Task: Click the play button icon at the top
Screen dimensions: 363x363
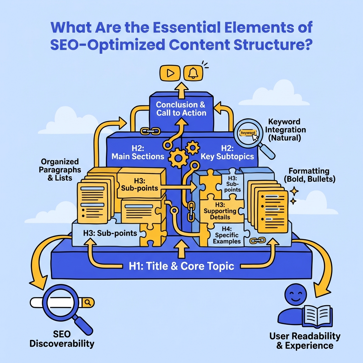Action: [x=170, y=73]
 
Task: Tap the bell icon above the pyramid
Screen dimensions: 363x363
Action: [x=193, y=73]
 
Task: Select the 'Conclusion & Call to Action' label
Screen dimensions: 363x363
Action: [x=181, y=108]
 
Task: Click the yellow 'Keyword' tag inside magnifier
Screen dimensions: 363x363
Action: [x=247, y=133]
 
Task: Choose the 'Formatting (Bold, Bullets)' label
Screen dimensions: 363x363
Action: [x=309, y=175]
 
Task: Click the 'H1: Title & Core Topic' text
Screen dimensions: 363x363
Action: [x=181, y=266]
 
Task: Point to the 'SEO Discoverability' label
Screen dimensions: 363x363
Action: [x=62, y=339]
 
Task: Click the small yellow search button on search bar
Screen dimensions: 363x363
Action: [x=88, y=302]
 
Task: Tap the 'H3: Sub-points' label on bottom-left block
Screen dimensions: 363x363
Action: [x=110, y=233]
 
